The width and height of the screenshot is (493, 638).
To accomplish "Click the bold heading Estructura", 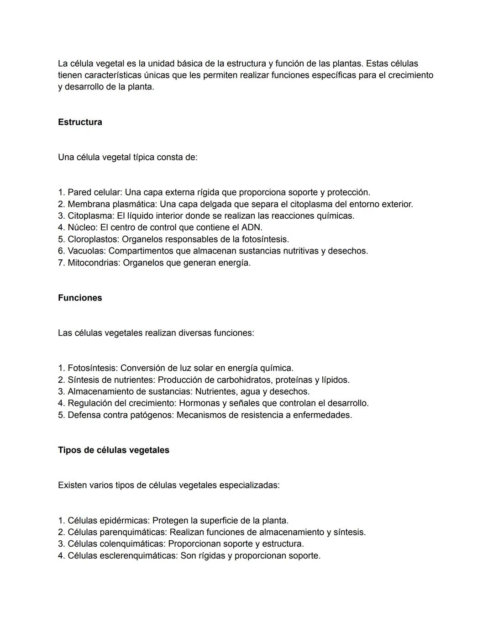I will click(80, 122).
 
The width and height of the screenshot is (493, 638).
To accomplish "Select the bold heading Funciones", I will click(80, 298).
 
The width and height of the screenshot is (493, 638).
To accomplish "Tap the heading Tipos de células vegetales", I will click(113, 450).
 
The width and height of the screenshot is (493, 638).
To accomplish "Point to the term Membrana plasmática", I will click(111, 204).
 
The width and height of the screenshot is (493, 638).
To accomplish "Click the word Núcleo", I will click(81, 227).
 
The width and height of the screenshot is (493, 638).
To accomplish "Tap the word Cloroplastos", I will click(93, 239).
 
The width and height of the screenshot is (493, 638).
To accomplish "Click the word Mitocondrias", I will click(93, 263).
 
